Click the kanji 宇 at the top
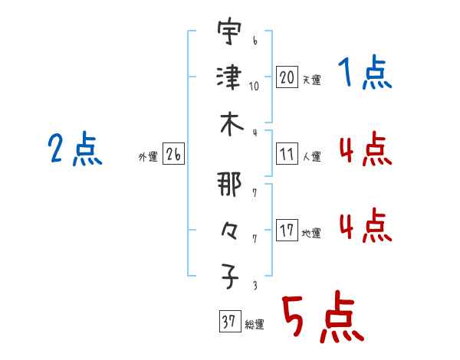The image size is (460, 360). (229, 31)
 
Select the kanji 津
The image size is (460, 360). (229, 77)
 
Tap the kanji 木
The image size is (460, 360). (232, 124)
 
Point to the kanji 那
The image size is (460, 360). (229, 184)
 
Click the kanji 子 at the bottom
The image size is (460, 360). (230, 277)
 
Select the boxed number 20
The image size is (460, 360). (287, 77)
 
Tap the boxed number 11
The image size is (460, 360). (287, 153)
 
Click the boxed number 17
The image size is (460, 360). (287, 230)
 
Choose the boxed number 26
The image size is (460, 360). (173, 153)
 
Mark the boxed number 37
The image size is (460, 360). (230, 321)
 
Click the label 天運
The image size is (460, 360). (311, 80)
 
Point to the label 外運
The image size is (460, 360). (148, 156)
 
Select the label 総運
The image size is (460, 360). (255, 325)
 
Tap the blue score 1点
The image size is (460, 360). (365, 73)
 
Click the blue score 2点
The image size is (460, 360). (75, 149)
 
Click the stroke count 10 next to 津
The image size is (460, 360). (254, 87)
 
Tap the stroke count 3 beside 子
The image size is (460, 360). (255, 286)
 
